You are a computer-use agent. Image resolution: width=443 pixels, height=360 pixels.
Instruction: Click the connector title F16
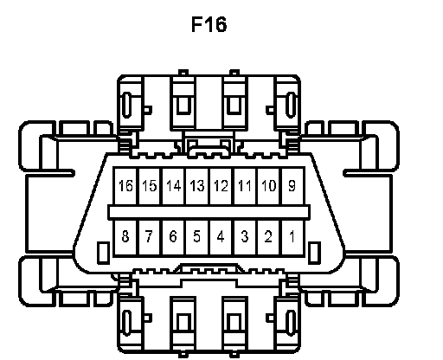click(x=209, y=24)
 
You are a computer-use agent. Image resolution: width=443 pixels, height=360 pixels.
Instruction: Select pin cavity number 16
click(x=126, y=186)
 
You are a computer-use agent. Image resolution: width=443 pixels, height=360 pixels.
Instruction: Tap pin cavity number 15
click(x=150, y=186)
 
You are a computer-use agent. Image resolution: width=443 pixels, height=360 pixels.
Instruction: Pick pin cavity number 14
click(x=174, y=186)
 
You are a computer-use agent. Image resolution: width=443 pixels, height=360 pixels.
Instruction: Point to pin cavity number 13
click(x=197, y=186)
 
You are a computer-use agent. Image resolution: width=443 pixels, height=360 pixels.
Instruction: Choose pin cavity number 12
click(x=221, y=186)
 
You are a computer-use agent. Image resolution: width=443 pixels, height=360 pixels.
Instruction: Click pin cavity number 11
click(x=245, y=186)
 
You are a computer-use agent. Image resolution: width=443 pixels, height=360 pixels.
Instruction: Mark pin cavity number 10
click(x=269, y=186)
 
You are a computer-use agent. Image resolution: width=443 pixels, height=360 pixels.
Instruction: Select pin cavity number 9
click(x=292, y=186)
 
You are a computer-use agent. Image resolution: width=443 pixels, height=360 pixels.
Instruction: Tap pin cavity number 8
click(x=126, y=237)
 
